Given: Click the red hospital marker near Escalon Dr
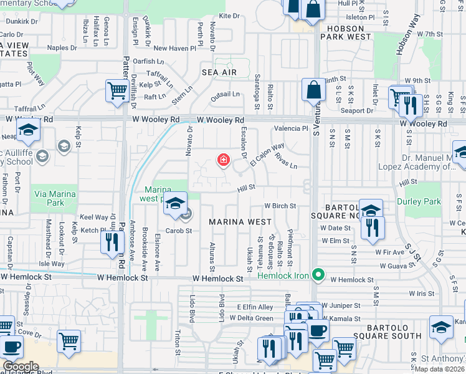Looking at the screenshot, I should [x=223, y=161].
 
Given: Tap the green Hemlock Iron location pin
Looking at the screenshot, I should [x=318, y=274].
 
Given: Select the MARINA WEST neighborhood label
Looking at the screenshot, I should [x=240, y=222].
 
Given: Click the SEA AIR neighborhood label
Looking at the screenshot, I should [x=219, y=73].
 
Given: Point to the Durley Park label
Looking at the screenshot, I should [x=423, y=201].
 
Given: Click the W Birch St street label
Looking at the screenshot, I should [x=279, y=206].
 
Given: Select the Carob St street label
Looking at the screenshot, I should [x=178, y=230].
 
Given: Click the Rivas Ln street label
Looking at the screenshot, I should [x=286, y=161].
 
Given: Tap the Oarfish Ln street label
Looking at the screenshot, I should [x=148, y=61].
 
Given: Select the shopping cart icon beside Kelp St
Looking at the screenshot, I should [x=117, y=91].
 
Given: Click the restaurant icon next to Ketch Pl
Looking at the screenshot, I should [x=112, y=241].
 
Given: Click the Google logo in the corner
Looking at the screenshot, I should [x=21, y=367].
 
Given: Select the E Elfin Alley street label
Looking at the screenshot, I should [x=255, y=307].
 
